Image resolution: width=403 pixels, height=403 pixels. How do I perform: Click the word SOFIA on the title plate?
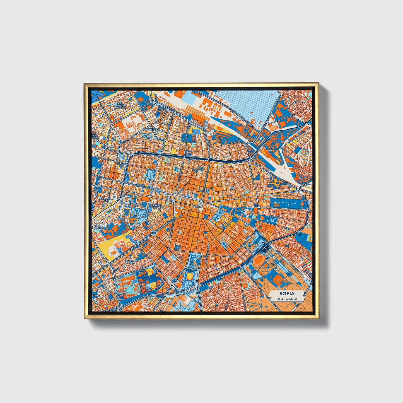(x=287, y=294)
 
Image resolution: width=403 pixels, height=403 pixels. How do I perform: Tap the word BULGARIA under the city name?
(x=287, y=299)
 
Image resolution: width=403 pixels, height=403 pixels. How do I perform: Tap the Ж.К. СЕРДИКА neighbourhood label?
(x=98, y=226)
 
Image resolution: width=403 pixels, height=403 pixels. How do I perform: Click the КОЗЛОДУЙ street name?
(x=237, y=143)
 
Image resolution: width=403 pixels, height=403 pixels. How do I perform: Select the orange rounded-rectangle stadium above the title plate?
(x=279, y=279)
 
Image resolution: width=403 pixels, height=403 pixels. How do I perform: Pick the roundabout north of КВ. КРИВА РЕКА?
(x=154, y=232)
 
